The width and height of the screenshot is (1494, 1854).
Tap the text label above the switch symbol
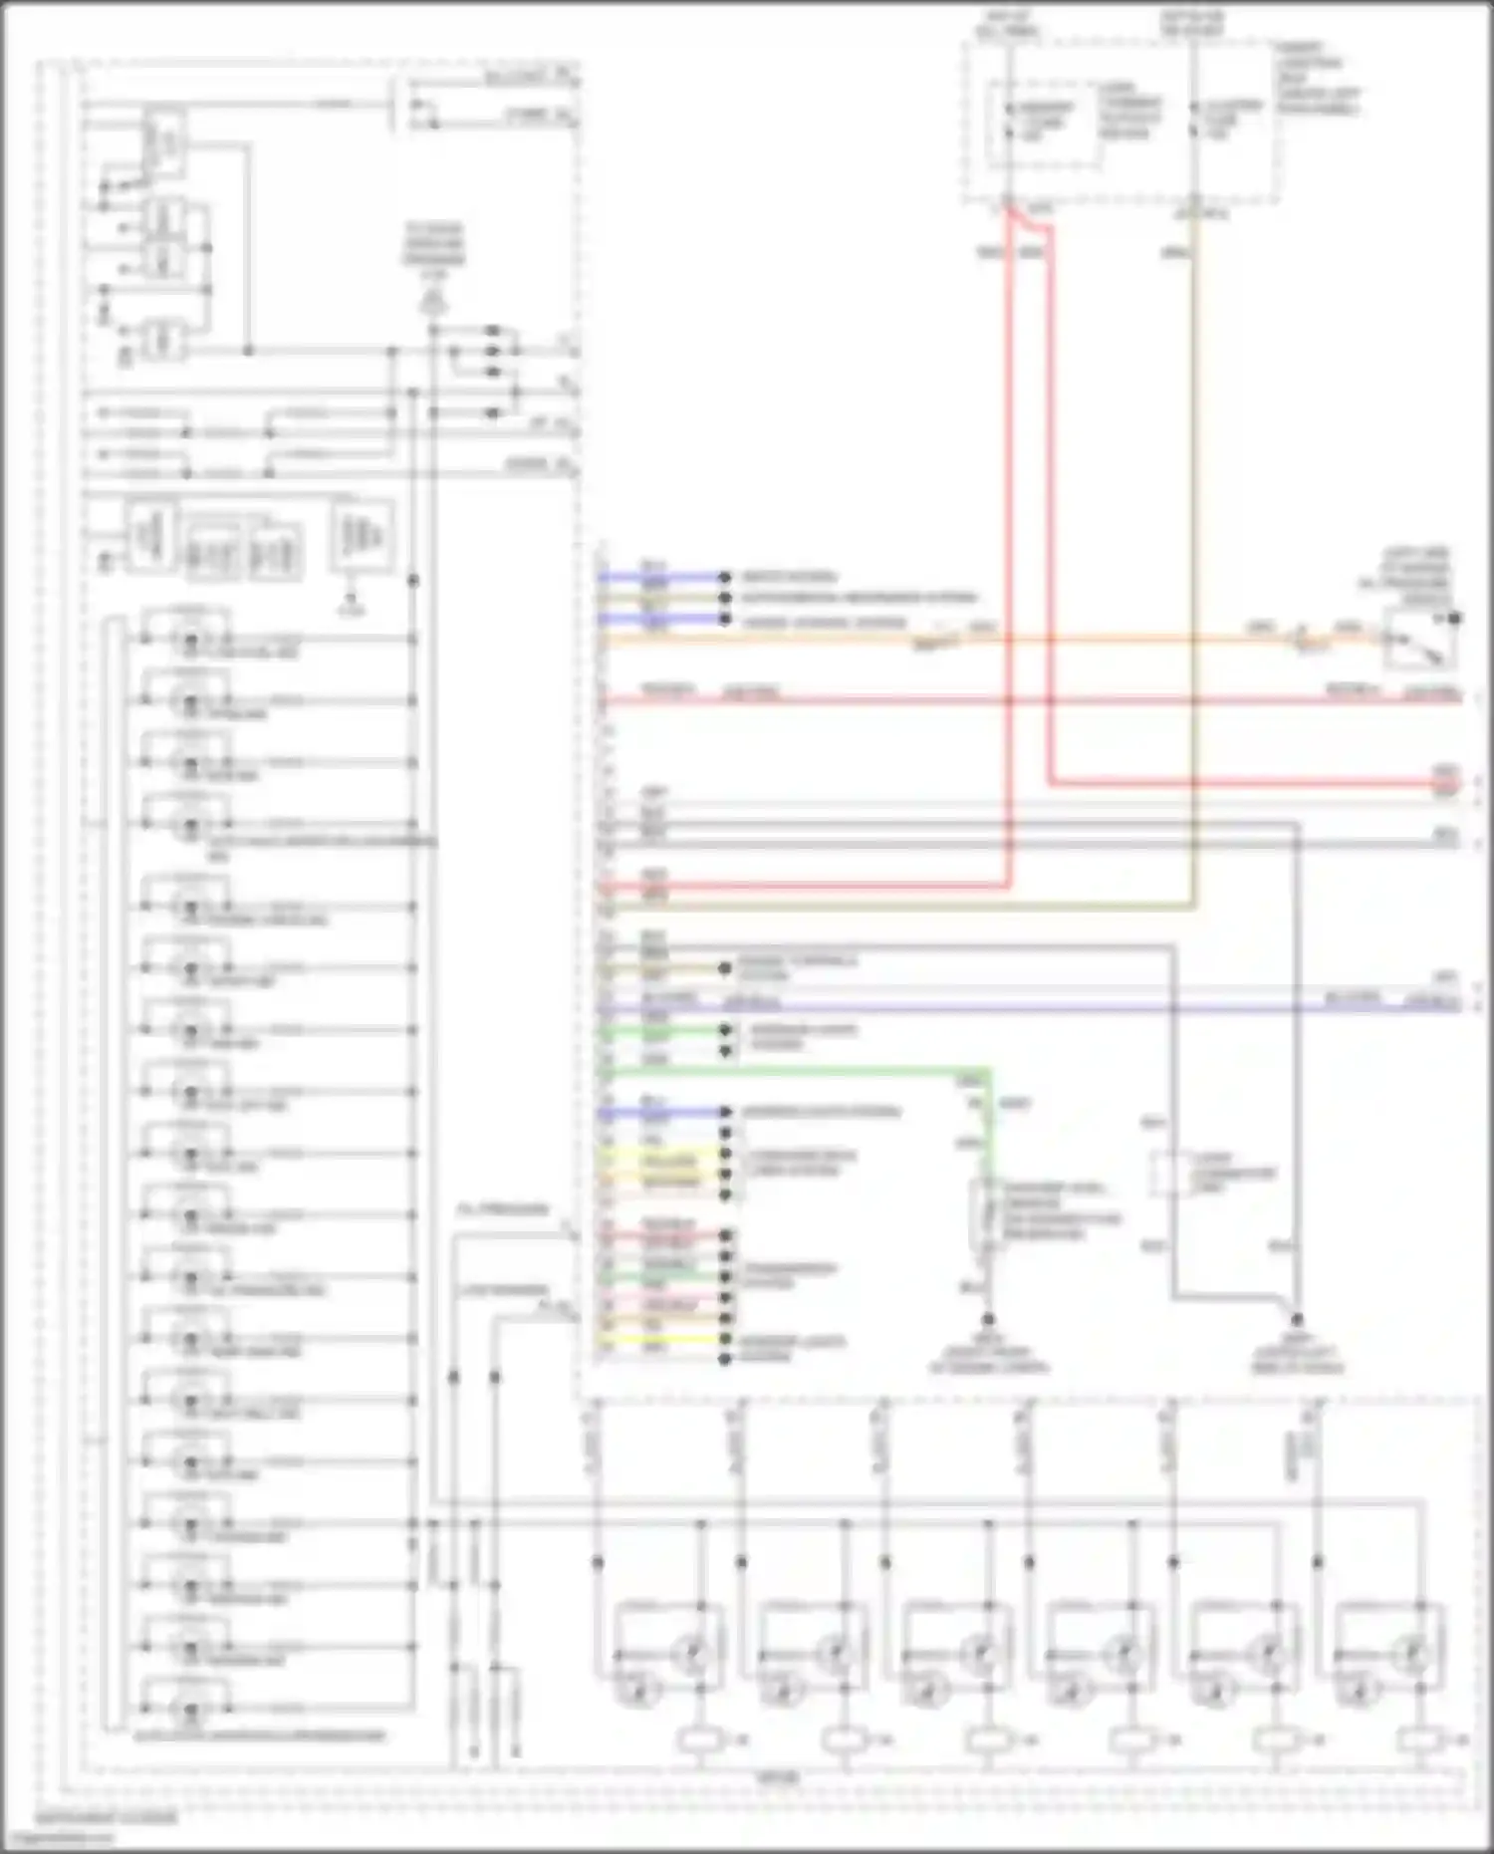1413,577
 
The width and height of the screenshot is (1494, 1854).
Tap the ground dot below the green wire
988,1319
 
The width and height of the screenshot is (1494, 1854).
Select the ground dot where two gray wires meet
1297,1319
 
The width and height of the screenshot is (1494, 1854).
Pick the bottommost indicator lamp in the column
189,1710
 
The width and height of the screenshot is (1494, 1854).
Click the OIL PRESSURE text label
503,1209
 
